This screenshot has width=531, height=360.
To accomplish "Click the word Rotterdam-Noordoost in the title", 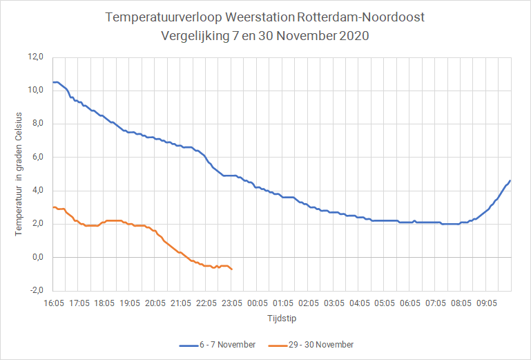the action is pos(361,17).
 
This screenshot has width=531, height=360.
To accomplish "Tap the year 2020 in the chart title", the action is pos(354,36).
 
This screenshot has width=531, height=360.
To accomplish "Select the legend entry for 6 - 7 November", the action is pos(218,345).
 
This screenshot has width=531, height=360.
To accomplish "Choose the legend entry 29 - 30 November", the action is pos(311,345).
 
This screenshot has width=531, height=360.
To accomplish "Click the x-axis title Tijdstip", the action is pos(282,319).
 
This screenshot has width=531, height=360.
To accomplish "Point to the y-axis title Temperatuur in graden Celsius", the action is pos(18,174).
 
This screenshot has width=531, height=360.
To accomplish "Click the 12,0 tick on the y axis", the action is pos(35,57).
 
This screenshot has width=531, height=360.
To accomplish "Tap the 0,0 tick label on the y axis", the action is pos(38,257).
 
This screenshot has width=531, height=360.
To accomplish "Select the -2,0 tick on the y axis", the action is pos(37,290).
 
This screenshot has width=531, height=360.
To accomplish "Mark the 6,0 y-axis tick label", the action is pos(38,157).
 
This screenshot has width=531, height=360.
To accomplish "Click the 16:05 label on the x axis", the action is pos(54,303).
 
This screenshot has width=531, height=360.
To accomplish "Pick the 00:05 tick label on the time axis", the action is pos(258,303).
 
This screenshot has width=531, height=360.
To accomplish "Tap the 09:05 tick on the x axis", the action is pos(487,303).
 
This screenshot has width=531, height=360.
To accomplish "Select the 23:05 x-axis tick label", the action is pos(232,303).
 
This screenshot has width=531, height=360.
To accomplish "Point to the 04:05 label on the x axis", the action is pos(359,303).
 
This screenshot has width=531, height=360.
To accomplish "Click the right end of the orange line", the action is pos(232,269).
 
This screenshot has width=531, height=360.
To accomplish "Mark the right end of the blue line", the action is pos(510,180).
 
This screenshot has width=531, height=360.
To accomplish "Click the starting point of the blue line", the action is pos(53,82).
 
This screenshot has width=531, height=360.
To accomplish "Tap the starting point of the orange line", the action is pos(53,207).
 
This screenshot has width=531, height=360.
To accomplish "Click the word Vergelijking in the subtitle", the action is pos(195,36).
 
